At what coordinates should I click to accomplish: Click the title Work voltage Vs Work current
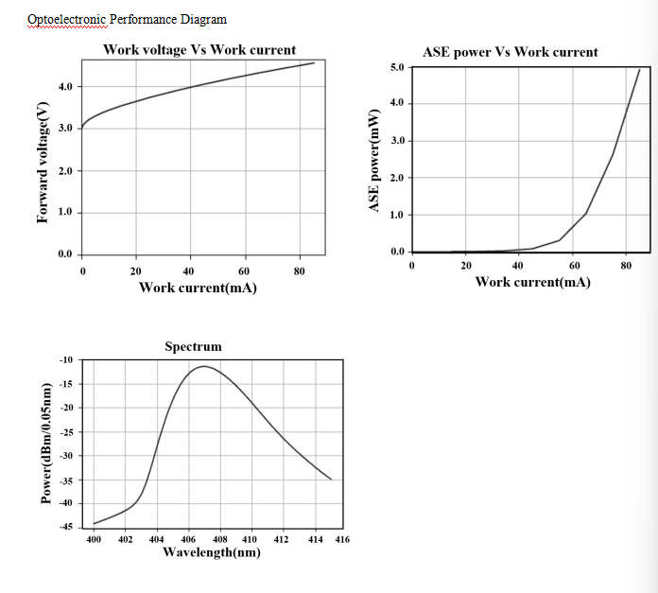[199, 50]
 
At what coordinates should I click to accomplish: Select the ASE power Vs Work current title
[510, 52]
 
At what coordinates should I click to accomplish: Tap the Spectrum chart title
[193, 347]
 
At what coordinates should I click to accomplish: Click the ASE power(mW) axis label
[374, 157]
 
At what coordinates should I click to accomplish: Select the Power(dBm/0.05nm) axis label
[45, 443]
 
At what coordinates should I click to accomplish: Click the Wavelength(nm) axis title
[212, 552]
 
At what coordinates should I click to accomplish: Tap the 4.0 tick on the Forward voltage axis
[65, 87]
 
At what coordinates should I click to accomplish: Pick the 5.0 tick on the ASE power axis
[396, 68]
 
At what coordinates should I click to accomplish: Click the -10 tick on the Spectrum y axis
[65, 360]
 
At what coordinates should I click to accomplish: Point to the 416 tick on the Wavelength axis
[342, 539]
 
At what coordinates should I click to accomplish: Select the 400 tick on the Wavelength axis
[94, 539]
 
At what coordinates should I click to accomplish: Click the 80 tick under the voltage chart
[299, 271]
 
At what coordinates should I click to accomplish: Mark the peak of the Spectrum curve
[204, 366]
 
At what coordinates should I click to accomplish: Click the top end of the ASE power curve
[639, 69]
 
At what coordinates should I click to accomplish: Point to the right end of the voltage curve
[314, 63]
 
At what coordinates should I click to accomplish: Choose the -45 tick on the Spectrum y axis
[65, 526]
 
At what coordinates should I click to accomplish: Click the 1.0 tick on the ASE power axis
[396, 215]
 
